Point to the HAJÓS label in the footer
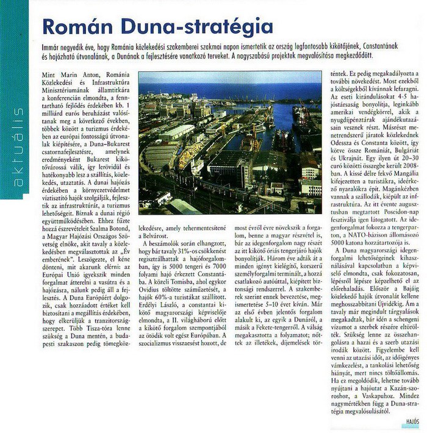click(x=412, y=420)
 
